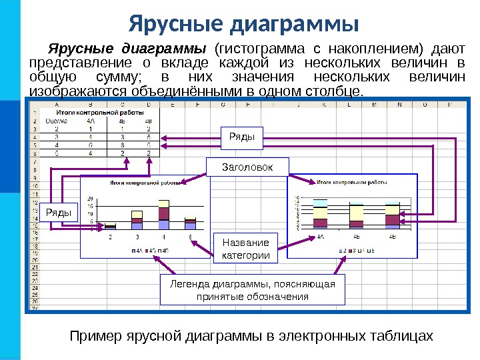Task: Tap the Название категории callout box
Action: [245, 249]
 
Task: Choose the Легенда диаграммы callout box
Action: [253, 289]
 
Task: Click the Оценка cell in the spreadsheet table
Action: [55, 121]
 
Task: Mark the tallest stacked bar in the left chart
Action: [163, 213]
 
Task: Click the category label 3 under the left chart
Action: [137, 237]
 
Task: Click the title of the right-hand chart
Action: [352, 181]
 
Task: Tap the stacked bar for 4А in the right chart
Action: [321, 215]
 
